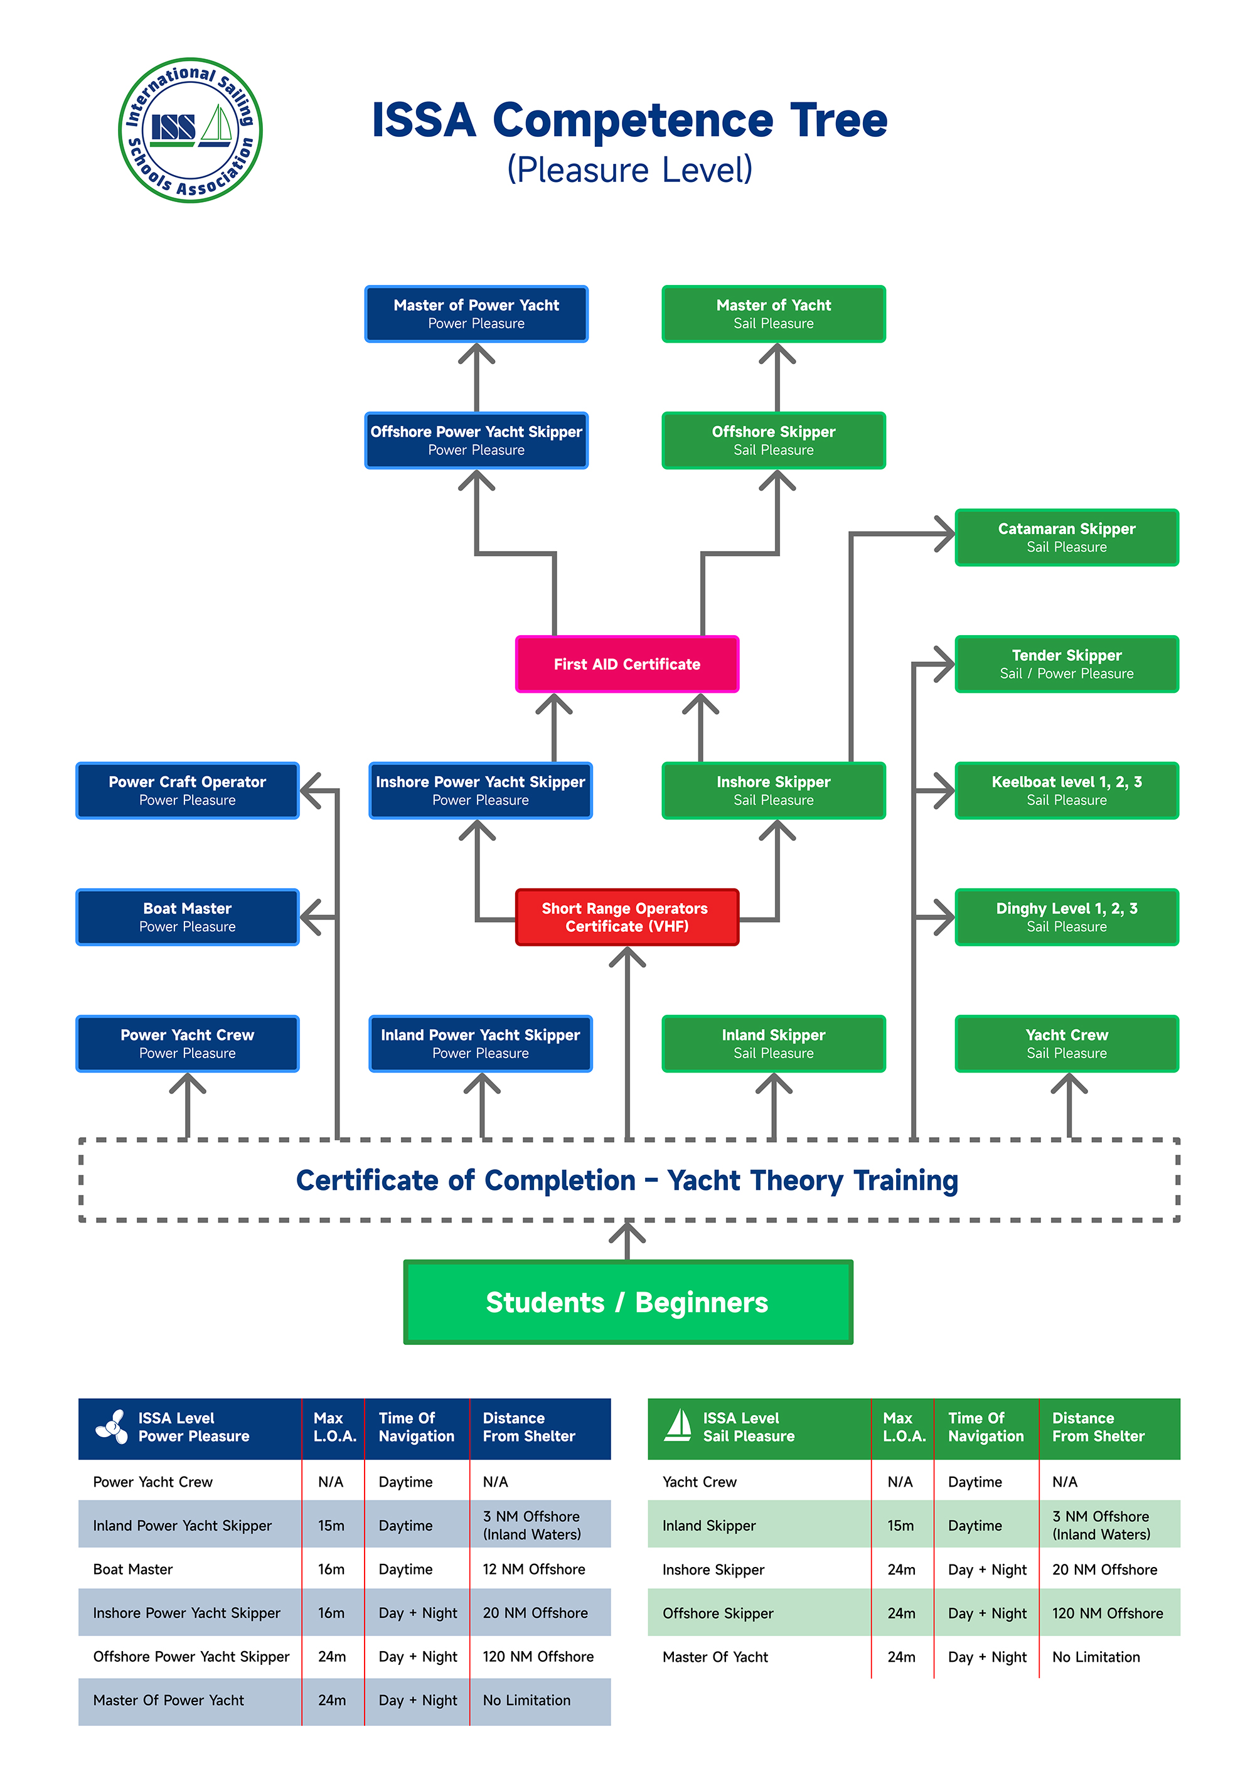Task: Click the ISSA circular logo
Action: click(190, 130)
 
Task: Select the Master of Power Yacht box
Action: click(476, 313)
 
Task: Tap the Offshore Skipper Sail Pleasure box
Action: click(773, 440)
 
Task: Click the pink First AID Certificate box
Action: click(626, 664)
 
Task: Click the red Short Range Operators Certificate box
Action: click(626, 917)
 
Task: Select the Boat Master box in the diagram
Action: click(187, 917)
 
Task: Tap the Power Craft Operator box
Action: click(187, 789)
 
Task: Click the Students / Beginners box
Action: click(627, 1302)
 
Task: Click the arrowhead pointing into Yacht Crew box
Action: click(1069, 1084)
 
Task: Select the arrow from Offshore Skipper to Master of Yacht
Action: click(776, 379)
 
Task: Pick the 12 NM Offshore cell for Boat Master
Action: click(533, 1569)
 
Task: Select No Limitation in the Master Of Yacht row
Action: click(1096, 1657)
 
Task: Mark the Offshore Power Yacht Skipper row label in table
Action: click(191, 1656)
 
